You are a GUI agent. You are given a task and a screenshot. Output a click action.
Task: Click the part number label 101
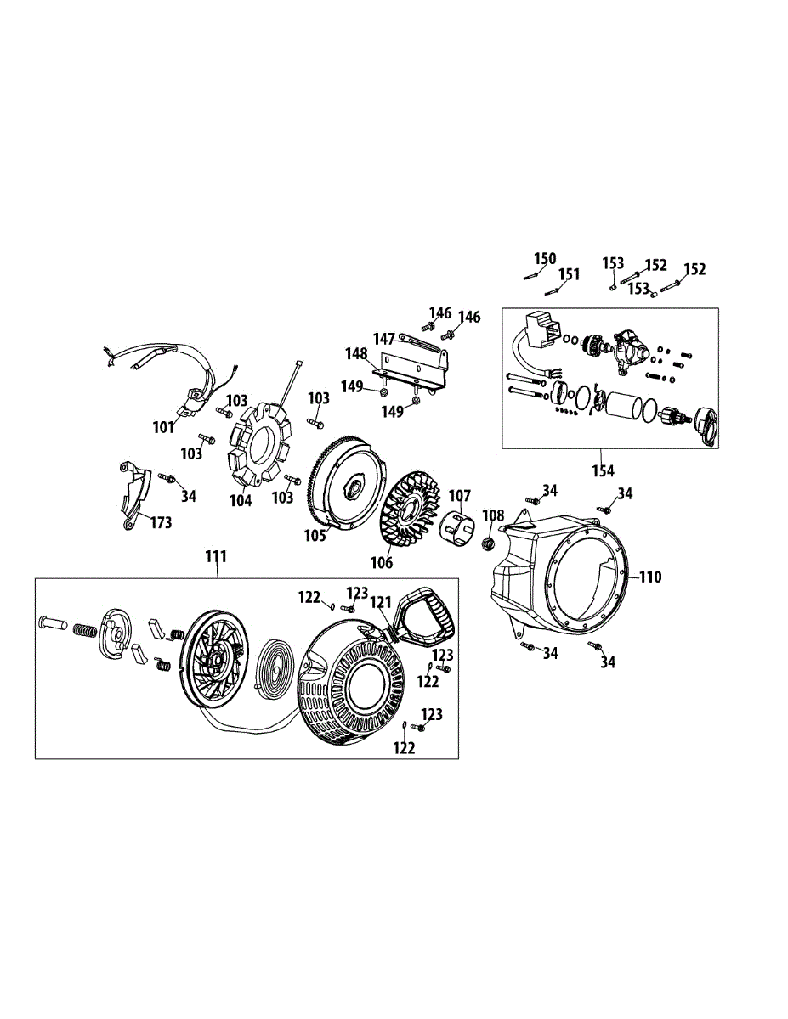(x=164, y=427)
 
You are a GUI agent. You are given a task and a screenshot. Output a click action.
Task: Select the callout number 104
(x=241, y=500)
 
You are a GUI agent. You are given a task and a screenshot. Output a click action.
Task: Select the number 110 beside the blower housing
(x=650, y=577)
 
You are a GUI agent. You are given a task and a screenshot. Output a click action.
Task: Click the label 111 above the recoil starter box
(x=216, y=556)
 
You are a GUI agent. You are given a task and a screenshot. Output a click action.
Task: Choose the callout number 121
(x=380, y=602)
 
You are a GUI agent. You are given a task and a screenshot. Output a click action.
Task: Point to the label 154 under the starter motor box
(x=604, y=470)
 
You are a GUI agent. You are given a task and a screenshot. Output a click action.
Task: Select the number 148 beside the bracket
(x=357, y=353)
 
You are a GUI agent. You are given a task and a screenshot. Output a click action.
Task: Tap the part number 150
(x=545, y=258)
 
